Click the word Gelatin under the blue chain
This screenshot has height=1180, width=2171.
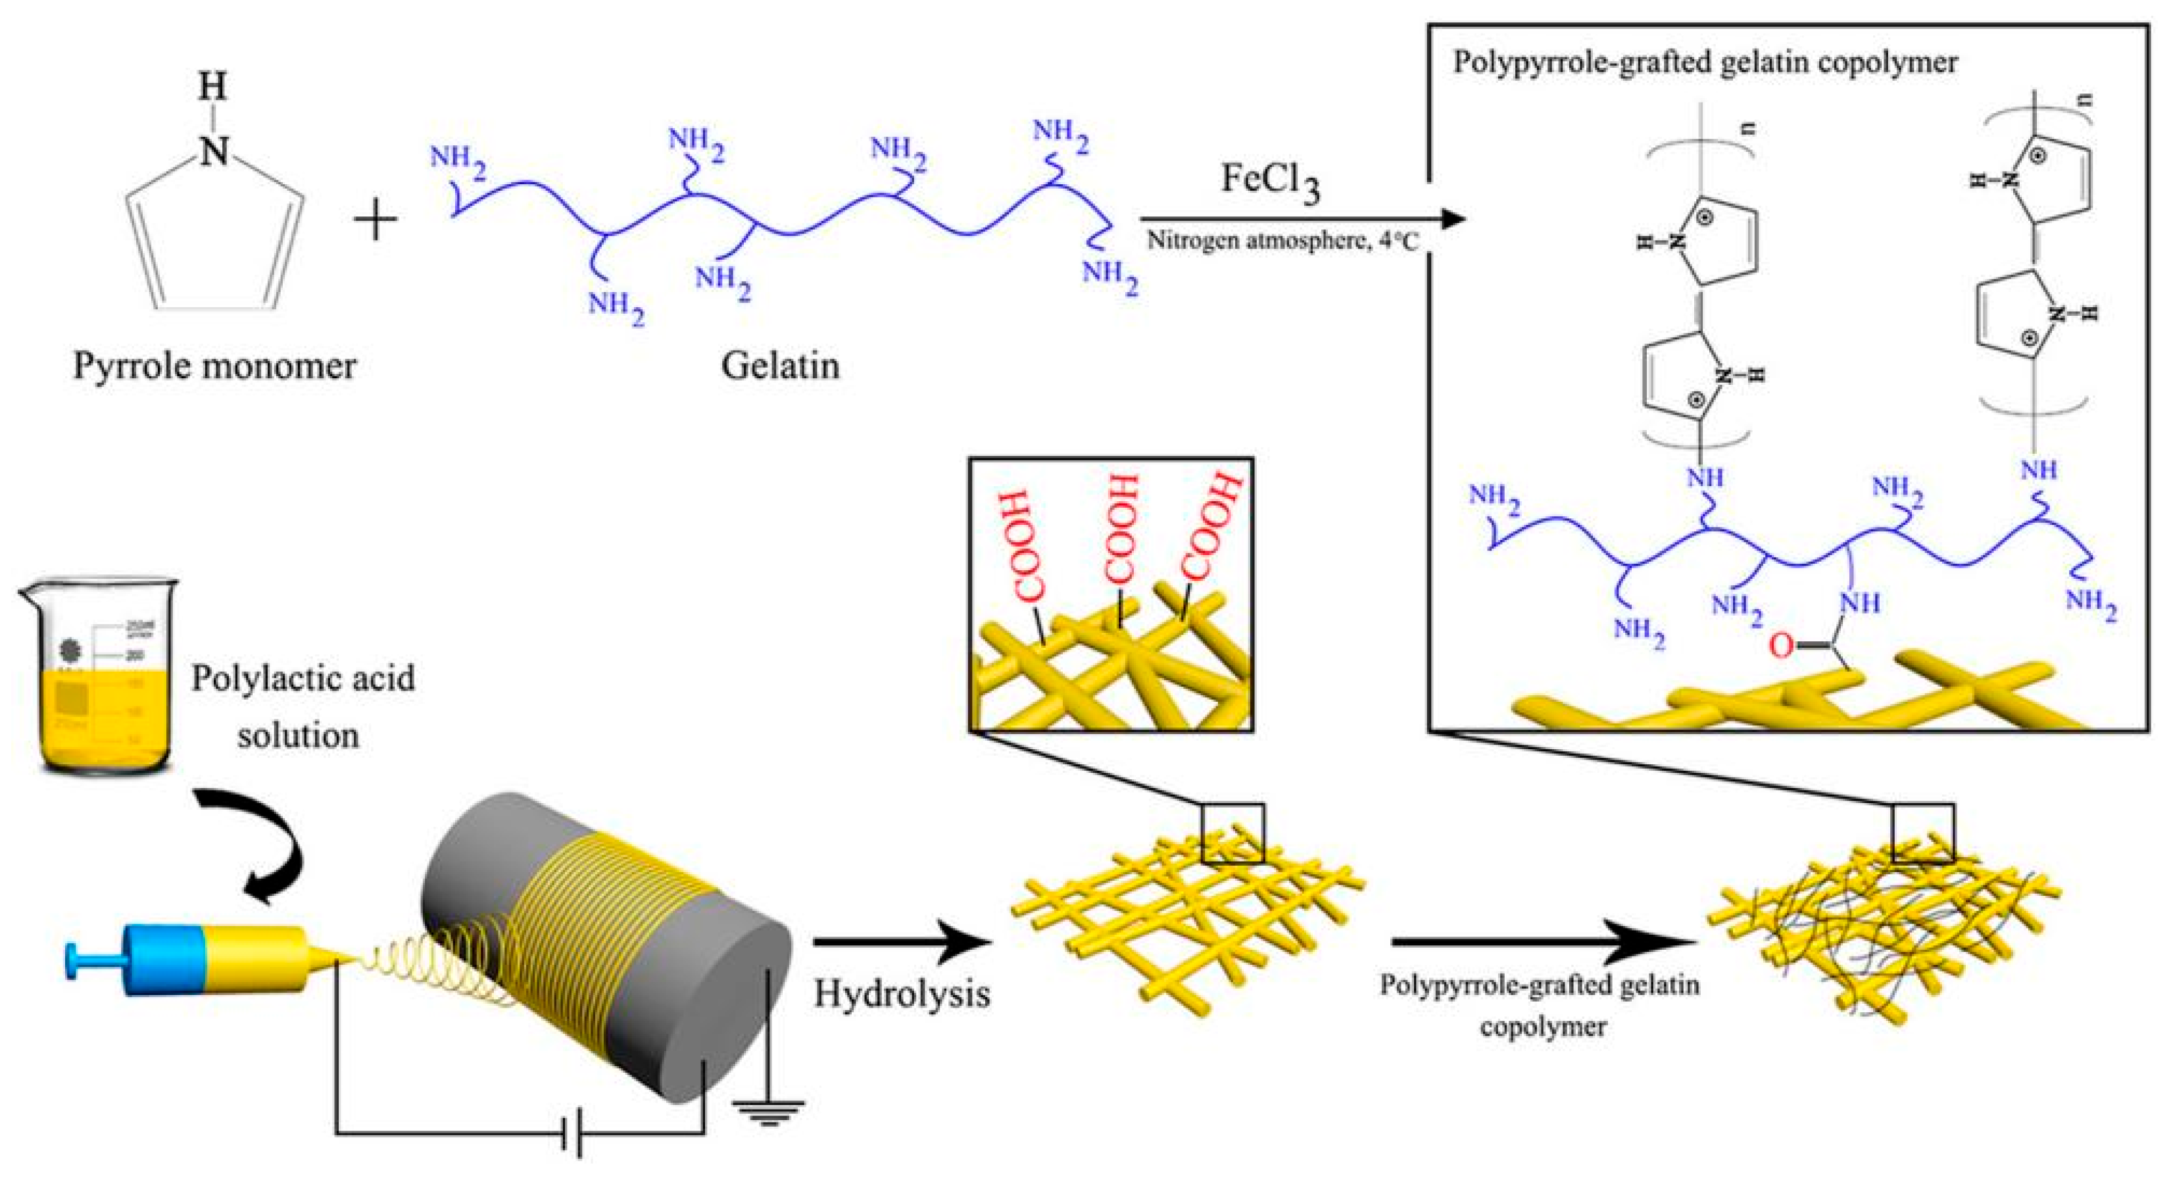(779, 366)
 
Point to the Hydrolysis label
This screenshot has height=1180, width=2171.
(901, 995)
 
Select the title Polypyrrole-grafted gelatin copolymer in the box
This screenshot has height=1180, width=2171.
(1704, 63)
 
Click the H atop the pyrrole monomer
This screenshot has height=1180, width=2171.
(213, 86)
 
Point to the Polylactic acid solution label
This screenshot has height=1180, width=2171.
(302, 706)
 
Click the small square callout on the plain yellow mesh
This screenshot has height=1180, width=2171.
(1232, 833)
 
